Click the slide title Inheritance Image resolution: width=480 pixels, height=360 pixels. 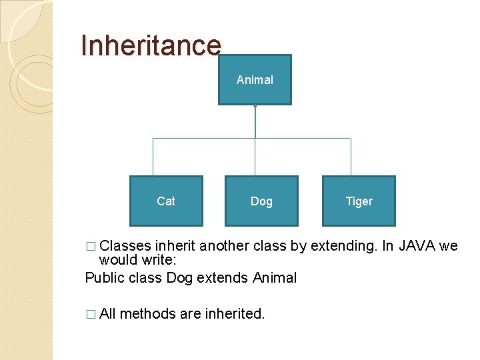click(150, 45)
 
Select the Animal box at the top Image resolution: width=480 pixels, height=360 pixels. click(255, 80)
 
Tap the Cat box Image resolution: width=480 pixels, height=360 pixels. click(166, 201)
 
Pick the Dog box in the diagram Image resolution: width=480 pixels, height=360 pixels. click(261, 201)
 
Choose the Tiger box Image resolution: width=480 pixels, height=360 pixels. click(359, 201)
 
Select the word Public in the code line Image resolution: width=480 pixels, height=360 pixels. click(104, 277)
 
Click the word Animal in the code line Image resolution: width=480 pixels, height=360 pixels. click(274, 277)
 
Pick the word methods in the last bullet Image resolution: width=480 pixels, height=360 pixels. click(148, 313)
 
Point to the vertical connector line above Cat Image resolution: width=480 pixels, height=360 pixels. click(153, 157)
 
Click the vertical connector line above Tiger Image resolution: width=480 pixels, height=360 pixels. click(351, 157)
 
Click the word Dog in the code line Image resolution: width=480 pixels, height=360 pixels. click(179, 277)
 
